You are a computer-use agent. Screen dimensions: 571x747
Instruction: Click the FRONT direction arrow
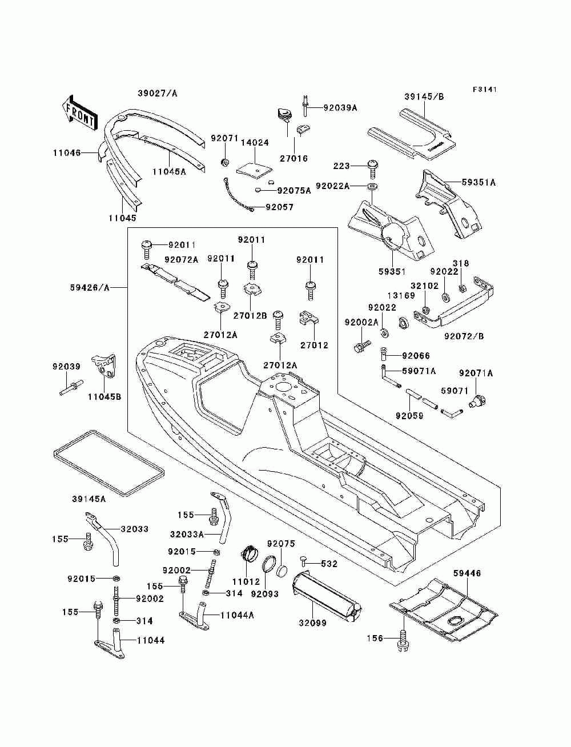pos(79,110)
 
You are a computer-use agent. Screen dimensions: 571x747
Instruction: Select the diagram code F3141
pos(485,90)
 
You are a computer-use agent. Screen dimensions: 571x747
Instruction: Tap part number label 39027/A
pos(158,93)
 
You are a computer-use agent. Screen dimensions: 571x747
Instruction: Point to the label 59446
pos(467,573)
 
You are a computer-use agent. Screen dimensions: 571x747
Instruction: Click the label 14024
pos(255,143)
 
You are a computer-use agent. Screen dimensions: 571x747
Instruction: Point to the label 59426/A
pos(90,288)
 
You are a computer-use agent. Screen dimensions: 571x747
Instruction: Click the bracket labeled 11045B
pos(104,366)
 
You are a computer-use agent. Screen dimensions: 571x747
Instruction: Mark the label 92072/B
pos(464,336)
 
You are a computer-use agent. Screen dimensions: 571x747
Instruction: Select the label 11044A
pos(237,615)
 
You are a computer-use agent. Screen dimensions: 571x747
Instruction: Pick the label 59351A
pos(478,182)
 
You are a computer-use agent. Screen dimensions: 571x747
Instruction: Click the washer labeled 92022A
pos(372,187)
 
